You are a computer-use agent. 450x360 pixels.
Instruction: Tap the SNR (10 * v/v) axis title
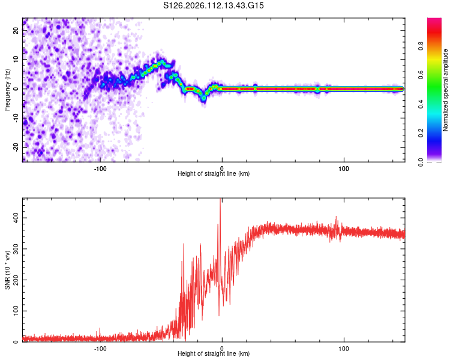point(7,270)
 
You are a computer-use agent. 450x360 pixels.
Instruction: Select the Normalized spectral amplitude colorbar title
point(446,90)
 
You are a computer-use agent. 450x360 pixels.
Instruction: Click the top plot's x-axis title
point(214,173)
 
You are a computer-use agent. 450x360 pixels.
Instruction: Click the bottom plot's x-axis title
point(214,353)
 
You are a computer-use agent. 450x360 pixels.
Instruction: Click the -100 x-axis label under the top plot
point(100,167)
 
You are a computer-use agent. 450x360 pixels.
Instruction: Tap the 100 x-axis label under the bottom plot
point(344,347)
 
